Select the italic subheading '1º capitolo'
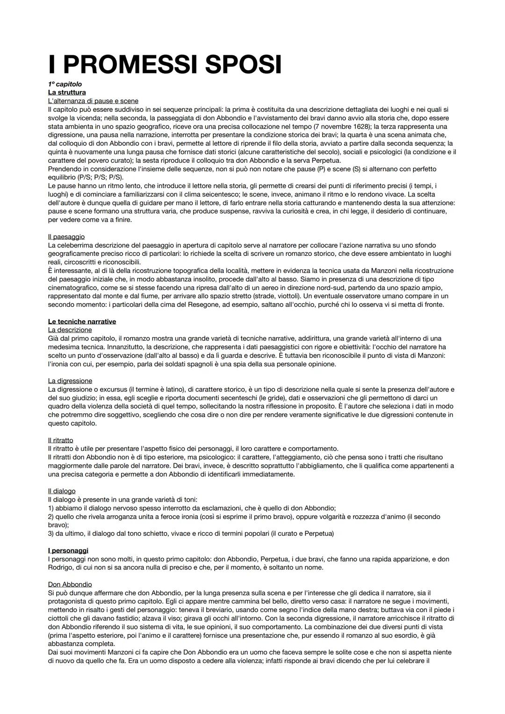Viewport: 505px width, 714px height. pos(65,84)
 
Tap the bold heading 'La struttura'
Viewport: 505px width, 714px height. pos(67,93)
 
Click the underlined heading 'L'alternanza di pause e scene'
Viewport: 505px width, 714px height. pos(93,101)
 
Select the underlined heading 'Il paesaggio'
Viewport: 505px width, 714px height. pos(66,237)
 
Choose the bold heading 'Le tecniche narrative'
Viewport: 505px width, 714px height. pos(82,322)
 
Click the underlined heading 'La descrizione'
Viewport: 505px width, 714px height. pos(70,330)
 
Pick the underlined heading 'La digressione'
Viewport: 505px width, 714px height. pos(70,381)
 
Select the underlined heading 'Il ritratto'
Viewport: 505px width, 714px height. pos(61,440)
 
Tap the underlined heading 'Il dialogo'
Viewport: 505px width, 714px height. pos(62,491)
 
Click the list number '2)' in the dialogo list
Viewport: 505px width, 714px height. pos(51,517)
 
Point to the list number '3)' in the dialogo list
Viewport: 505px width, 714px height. pos(51,534)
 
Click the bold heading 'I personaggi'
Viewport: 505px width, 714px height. pos(68,550)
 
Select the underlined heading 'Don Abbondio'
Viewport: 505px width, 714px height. pos(70,584)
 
